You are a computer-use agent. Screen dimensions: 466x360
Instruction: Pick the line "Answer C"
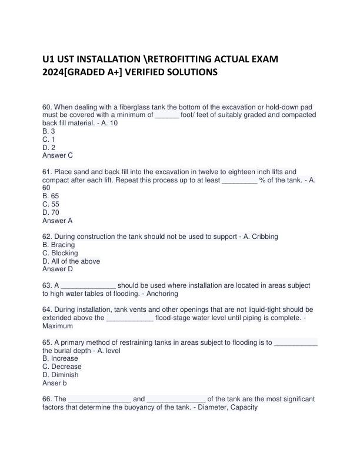(x=58, y=156)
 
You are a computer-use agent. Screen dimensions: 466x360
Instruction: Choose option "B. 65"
(x=51, y=196)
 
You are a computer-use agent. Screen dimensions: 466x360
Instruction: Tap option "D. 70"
(x=51, y=212)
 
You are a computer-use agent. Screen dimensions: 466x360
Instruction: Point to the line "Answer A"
(x=58, y=221)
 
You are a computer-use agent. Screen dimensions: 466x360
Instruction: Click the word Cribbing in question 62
(x=262, y=237)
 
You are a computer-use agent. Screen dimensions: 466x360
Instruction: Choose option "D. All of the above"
(x=71, y=261)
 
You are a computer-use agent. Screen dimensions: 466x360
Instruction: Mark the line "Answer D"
(x=58, y=269)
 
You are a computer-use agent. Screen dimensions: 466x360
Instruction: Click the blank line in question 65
(x=296, y=342)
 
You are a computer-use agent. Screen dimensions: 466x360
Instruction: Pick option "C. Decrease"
(x=62, y=367)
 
